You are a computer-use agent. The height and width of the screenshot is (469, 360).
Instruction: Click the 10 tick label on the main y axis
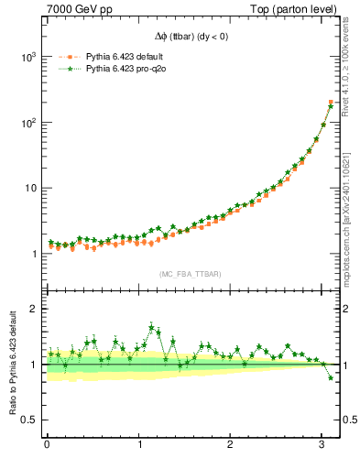click(x=30, y=189)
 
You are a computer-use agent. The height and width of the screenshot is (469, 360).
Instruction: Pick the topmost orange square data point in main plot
click(x=331, y=102)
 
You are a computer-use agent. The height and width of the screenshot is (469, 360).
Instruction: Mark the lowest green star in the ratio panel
click(x=331, y=377)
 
